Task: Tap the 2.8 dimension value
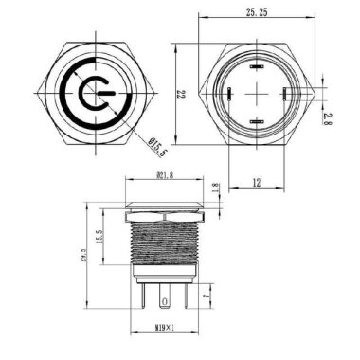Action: pos(326,118)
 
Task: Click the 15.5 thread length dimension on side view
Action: pos(99,233)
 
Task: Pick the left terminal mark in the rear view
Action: pos(228,93)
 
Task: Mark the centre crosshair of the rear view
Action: pos(256,94)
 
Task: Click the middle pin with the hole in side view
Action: pos(168,302)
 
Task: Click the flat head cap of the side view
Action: pos(167,197)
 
